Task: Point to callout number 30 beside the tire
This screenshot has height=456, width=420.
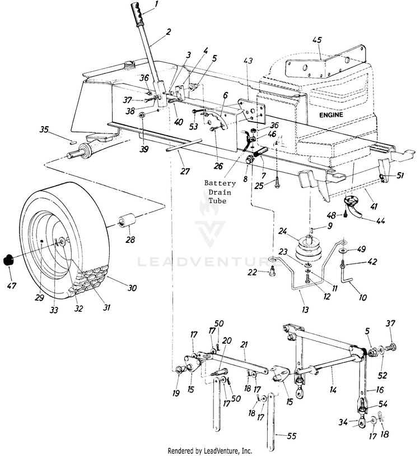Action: [x=132, y=288]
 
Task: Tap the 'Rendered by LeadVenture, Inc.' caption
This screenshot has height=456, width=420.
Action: [x=210, y=450]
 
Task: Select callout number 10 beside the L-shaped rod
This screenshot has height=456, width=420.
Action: [x=363, y=297]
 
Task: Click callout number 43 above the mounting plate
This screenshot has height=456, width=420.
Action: [x=249, y=61]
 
